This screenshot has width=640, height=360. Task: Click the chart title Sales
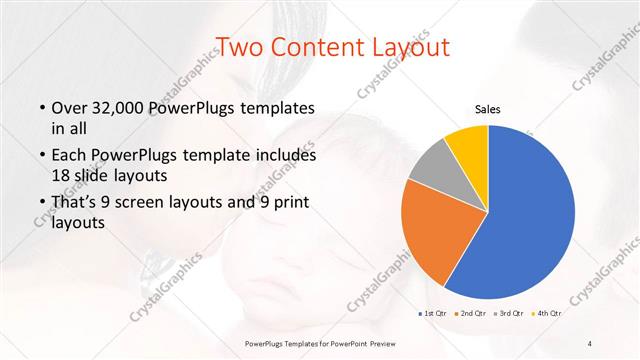click(x=487, y=110)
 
